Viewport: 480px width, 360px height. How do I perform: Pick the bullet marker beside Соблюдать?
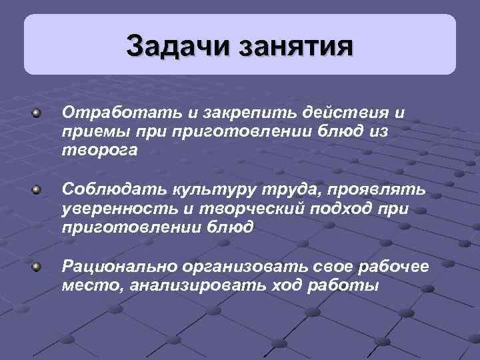[x=38, y=191]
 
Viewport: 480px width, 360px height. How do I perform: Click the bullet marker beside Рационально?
[x=38, y=267]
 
